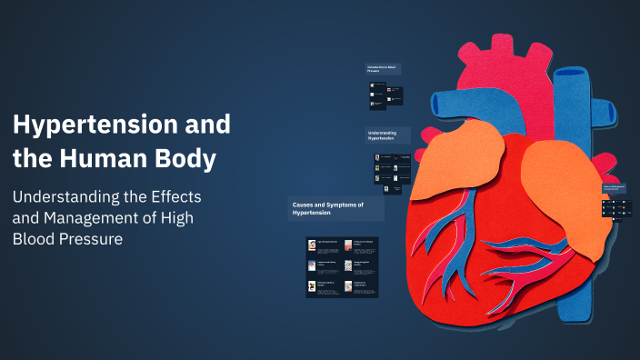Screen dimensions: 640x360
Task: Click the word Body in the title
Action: click(x=185, y=159)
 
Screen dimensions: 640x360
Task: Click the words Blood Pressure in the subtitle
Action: click(x=68, y=239)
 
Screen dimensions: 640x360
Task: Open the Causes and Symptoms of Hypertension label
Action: click(x=335, y=209)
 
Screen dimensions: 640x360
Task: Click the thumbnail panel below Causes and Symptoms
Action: click(x=342, y=267)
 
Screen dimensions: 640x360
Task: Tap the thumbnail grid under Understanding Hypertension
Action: click(x=392, y=174)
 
